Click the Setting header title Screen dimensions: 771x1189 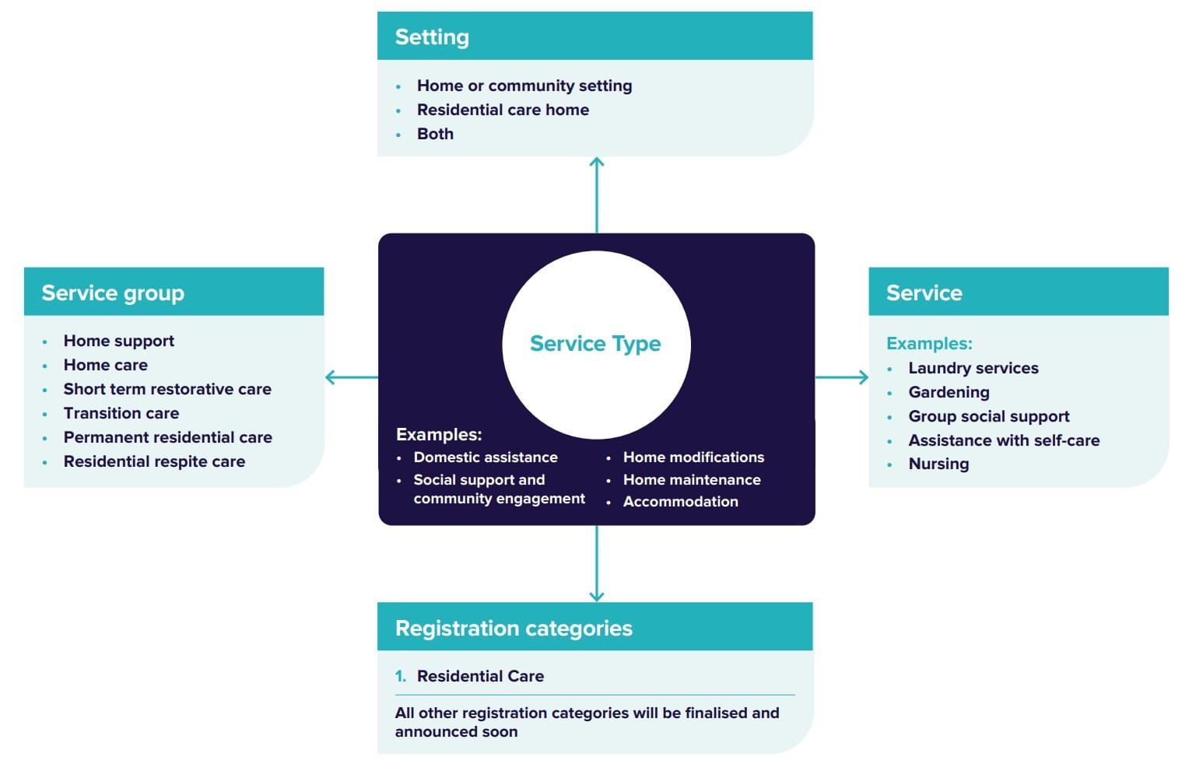(432, 37)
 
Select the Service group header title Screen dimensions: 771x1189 (113, 293)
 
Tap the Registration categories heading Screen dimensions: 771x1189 (514, 629)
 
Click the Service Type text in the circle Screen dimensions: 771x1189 (595, 344)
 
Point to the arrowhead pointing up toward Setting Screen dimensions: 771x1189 (597, 161)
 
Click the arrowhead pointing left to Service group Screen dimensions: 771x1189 (330, 377)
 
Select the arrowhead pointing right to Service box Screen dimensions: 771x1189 (863, 377)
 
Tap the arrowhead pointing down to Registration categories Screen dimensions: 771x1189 (597, 597)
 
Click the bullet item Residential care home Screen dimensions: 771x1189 (503, 110)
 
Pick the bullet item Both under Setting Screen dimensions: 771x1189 (435, 134)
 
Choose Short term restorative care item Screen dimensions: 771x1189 (167, 389)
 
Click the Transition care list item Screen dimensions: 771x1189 (121, 413)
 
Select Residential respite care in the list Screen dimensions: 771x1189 (154, 461)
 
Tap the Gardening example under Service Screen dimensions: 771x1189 (949, 392)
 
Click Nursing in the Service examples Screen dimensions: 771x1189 (938, 464)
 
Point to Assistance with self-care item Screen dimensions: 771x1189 (1004, 440)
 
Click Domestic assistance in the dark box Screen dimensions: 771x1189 (486, 457)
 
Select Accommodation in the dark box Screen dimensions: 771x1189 (680, 502)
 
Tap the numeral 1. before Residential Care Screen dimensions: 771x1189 (400, 676)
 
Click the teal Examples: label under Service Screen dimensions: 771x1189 (929, 344)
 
